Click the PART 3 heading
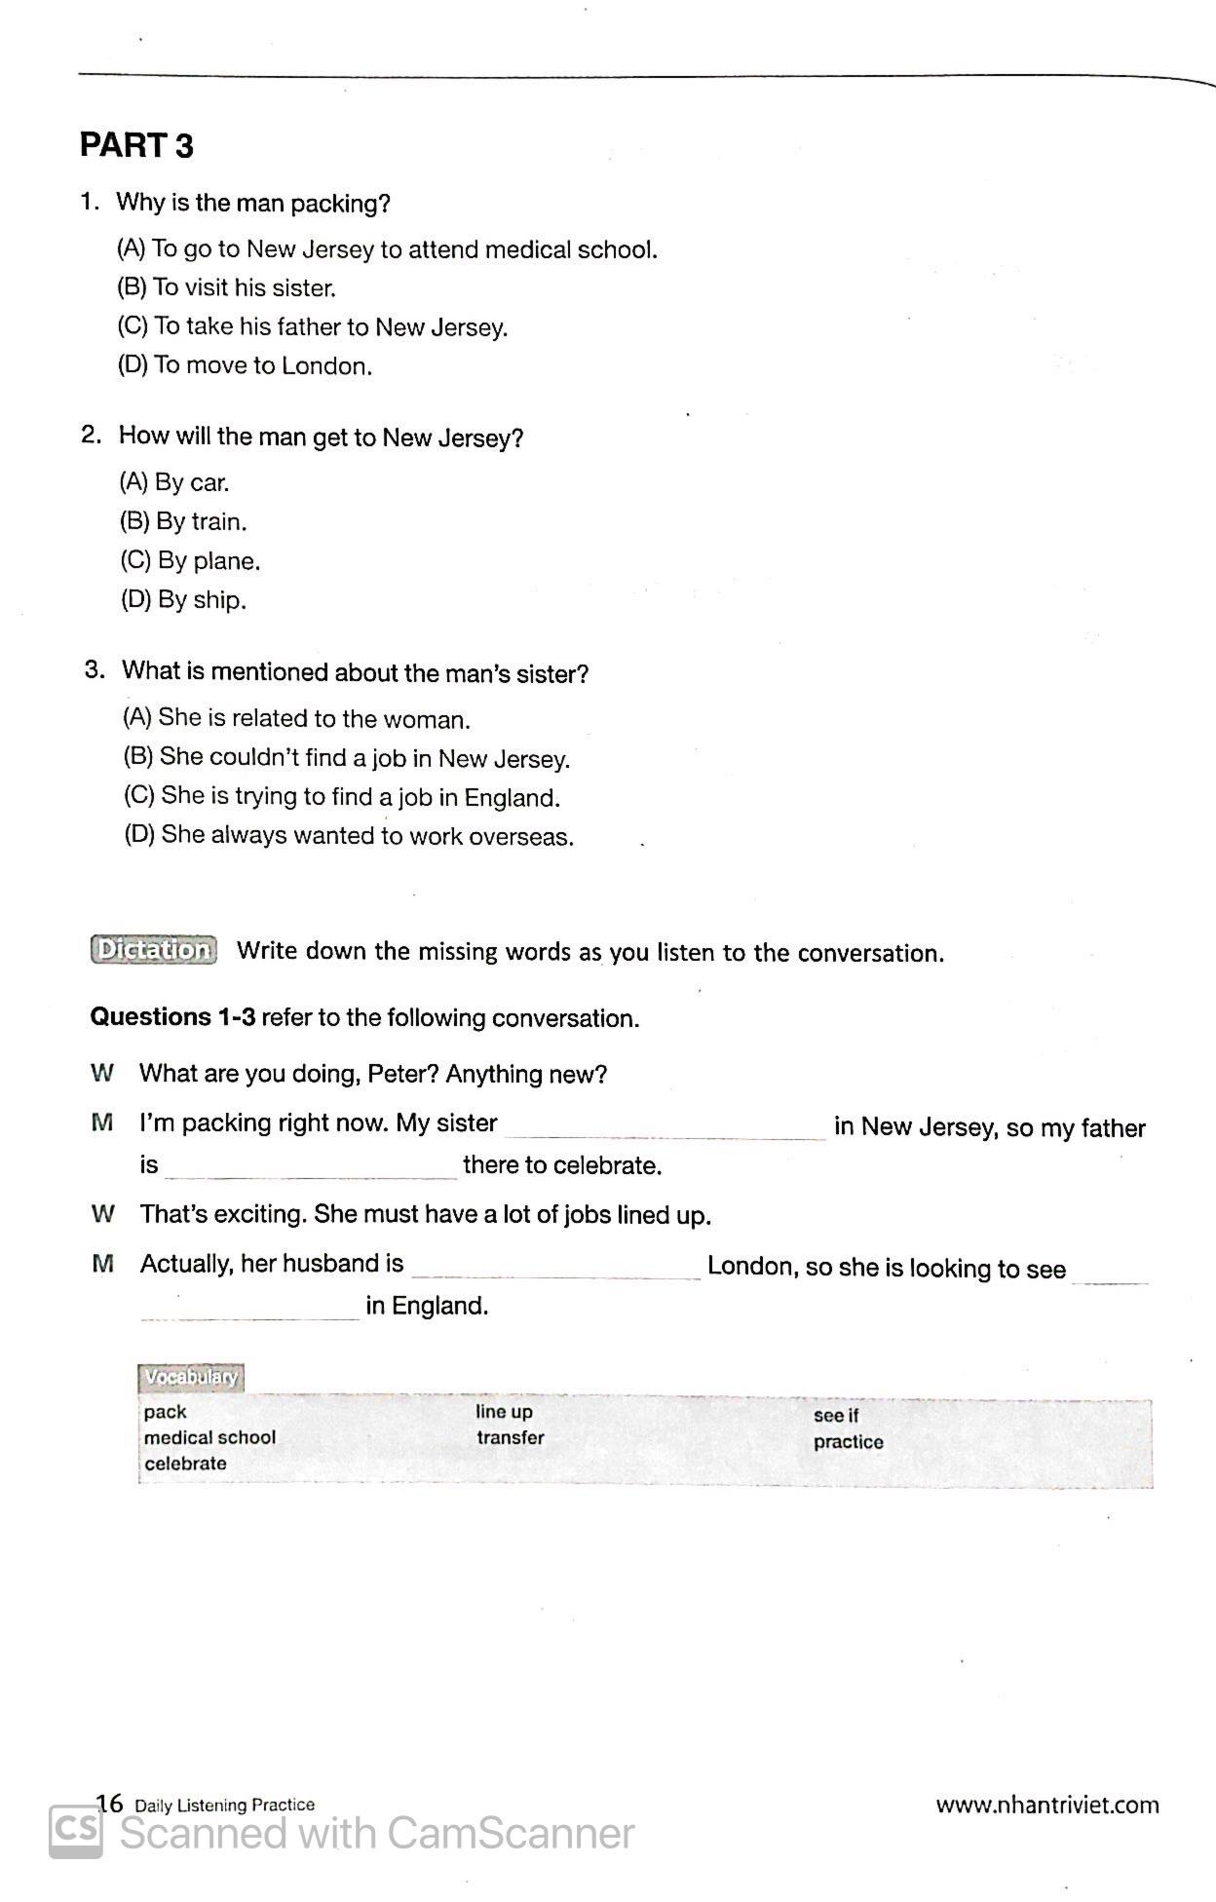pos(136,146)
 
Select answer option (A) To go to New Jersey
pos(387,249)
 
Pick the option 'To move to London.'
pos(245,366)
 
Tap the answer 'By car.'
pos(174,482)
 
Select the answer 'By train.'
pos(183,521)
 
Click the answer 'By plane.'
pos(190,561)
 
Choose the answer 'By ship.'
pos(183,599)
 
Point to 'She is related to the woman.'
pos(296,719)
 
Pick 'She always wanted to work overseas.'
pos(349,836)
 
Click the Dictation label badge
pos(154,950)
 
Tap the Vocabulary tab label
pos(190,1377)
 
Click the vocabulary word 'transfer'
pos(511,1437)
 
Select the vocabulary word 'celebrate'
pos(185,1464)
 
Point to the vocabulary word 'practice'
pos(849,1442)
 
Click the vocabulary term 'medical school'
pos(209,1437)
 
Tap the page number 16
pos(110,1804)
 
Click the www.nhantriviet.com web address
pos(1047,1806)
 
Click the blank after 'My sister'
pos(665,1128)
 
